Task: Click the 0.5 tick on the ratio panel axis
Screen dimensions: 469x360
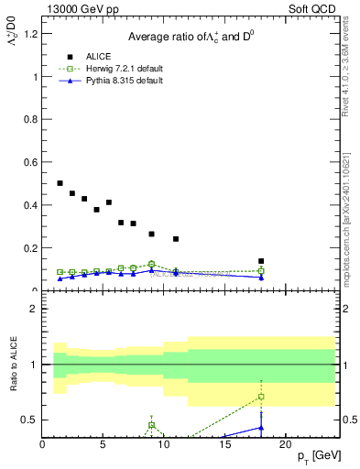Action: [x=31, y=420]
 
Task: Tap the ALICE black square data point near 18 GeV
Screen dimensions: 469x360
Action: [x=261, y=261]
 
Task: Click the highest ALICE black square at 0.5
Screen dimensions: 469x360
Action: [x=60, y=183]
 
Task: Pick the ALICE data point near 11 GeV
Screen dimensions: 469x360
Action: [x=176, y=239]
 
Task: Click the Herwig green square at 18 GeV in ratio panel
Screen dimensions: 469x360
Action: [x=261, y=397]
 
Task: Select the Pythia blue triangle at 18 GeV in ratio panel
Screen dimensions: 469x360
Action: [x=261, y=427]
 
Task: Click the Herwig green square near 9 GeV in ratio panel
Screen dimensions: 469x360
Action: [x=151, y=425]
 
